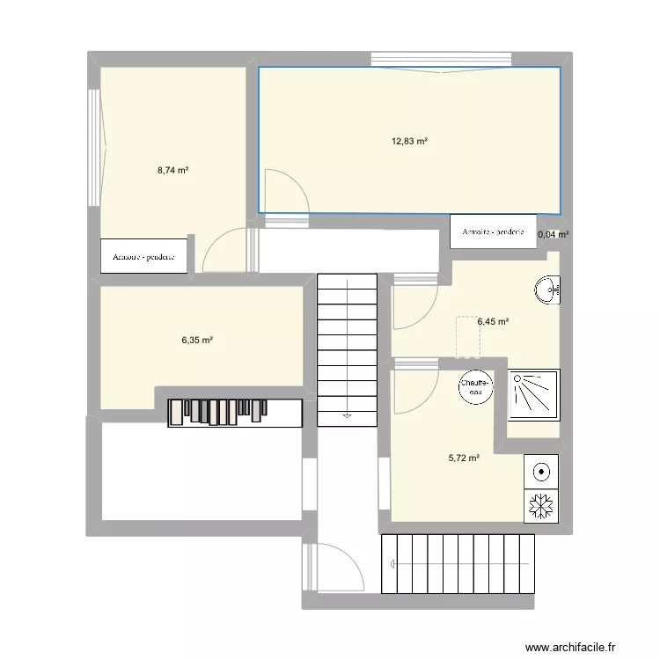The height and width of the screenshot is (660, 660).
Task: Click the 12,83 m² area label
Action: [409, 141]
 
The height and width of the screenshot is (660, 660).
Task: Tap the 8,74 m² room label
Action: [172, 171]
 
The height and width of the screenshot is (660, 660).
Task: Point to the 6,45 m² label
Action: [493, 322]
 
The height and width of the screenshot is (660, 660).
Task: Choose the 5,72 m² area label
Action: [463, 458]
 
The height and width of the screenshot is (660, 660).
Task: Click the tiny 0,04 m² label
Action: [553, 235]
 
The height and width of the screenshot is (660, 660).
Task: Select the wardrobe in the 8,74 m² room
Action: [144, 256]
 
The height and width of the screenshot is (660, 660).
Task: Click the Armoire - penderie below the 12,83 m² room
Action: [493, 231]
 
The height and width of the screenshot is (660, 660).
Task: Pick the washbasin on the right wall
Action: [548, 290]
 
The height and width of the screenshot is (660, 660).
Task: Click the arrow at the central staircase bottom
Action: [348, 414]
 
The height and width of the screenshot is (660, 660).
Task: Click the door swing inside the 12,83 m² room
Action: [286, 190]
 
